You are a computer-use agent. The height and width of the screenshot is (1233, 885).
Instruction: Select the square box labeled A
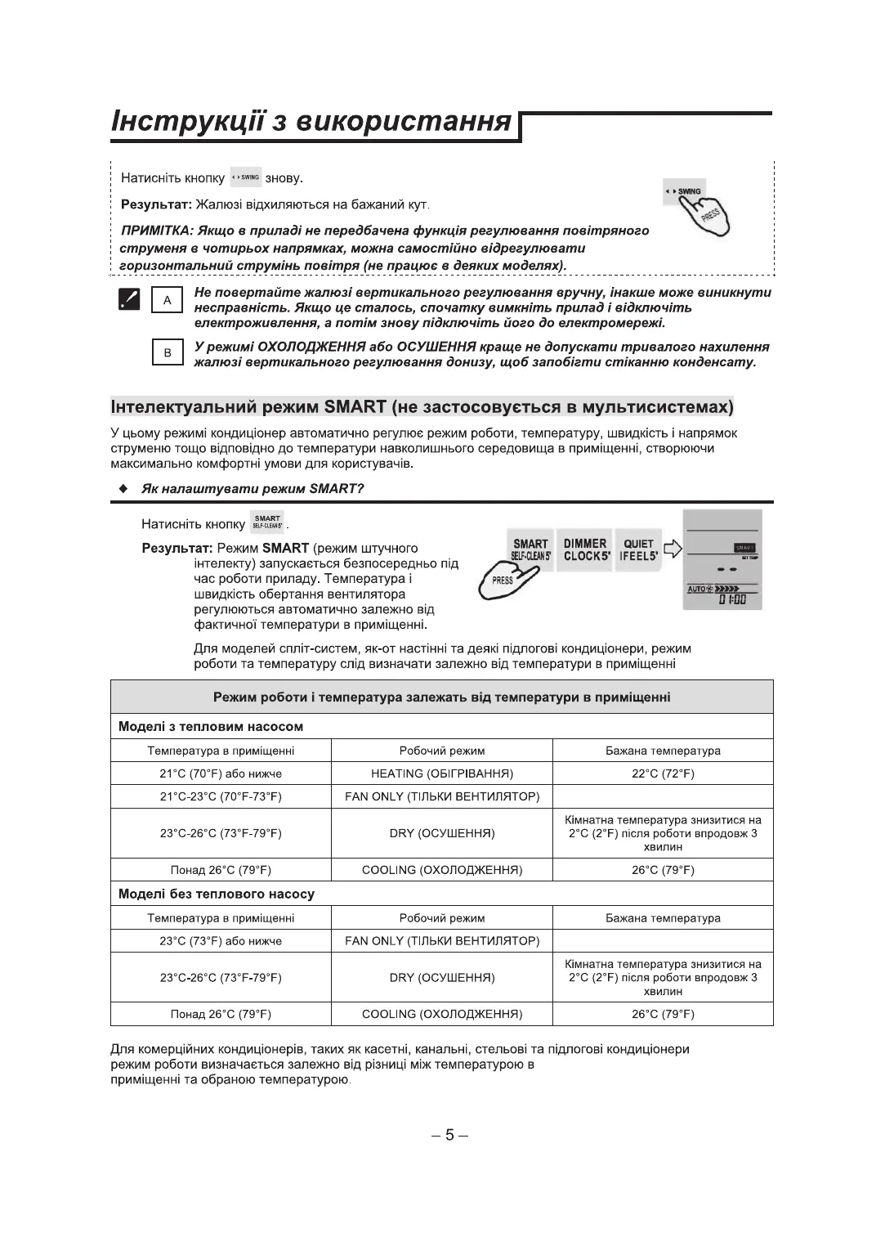tap(168, 300)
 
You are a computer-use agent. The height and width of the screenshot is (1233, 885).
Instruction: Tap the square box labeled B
tap(168, 353)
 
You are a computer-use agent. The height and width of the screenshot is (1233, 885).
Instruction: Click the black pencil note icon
tap(128, 299)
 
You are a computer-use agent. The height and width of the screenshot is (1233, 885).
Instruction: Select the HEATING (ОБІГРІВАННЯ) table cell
tap(441, 773)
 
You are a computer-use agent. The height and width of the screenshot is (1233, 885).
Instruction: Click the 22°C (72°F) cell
tap(663, 773)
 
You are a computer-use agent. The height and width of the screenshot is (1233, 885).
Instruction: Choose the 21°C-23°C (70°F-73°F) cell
tap(221, 796)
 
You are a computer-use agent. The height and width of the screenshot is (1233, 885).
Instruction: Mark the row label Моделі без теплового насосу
tap(217, 894)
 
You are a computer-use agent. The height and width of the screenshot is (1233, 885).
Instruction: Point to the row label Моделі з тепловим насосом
tap(211, 726)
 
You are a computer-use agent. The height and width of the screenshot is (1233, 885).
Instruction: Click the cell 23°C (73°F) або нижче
tap(221, 941)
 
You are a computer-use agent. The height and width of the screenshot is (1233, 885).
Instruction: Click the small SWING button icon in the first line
tap(245, 177)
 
